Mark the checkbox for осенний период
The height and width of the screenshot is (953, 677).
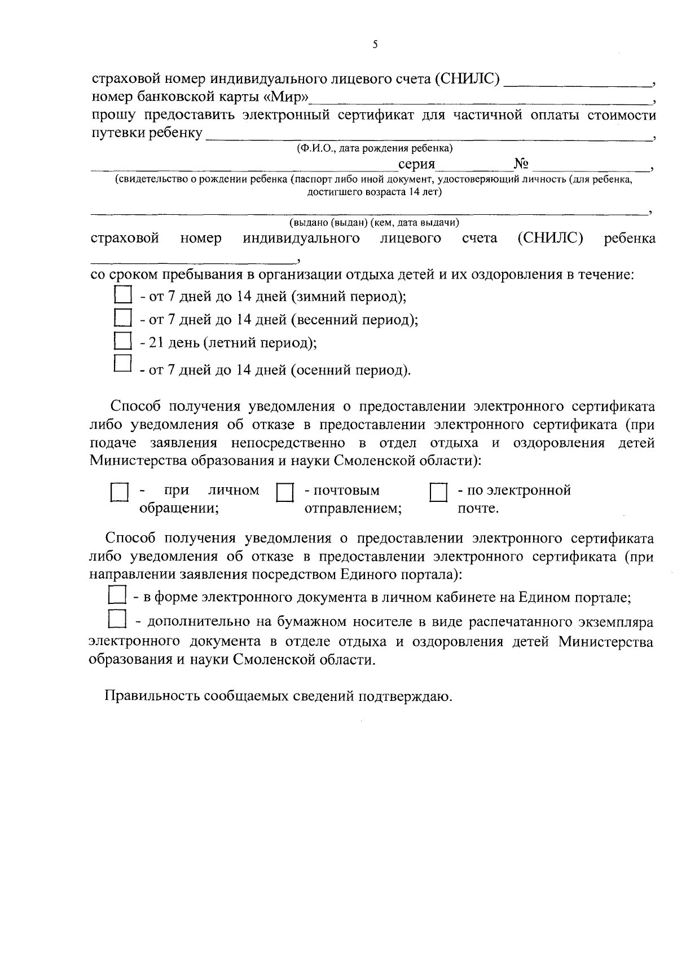click(122, 364)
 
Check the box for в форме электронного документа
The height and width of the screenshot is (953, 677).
click(117, 595)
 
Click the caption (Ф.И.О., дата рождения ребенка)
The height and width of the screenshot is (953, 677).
click(375, 149)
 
